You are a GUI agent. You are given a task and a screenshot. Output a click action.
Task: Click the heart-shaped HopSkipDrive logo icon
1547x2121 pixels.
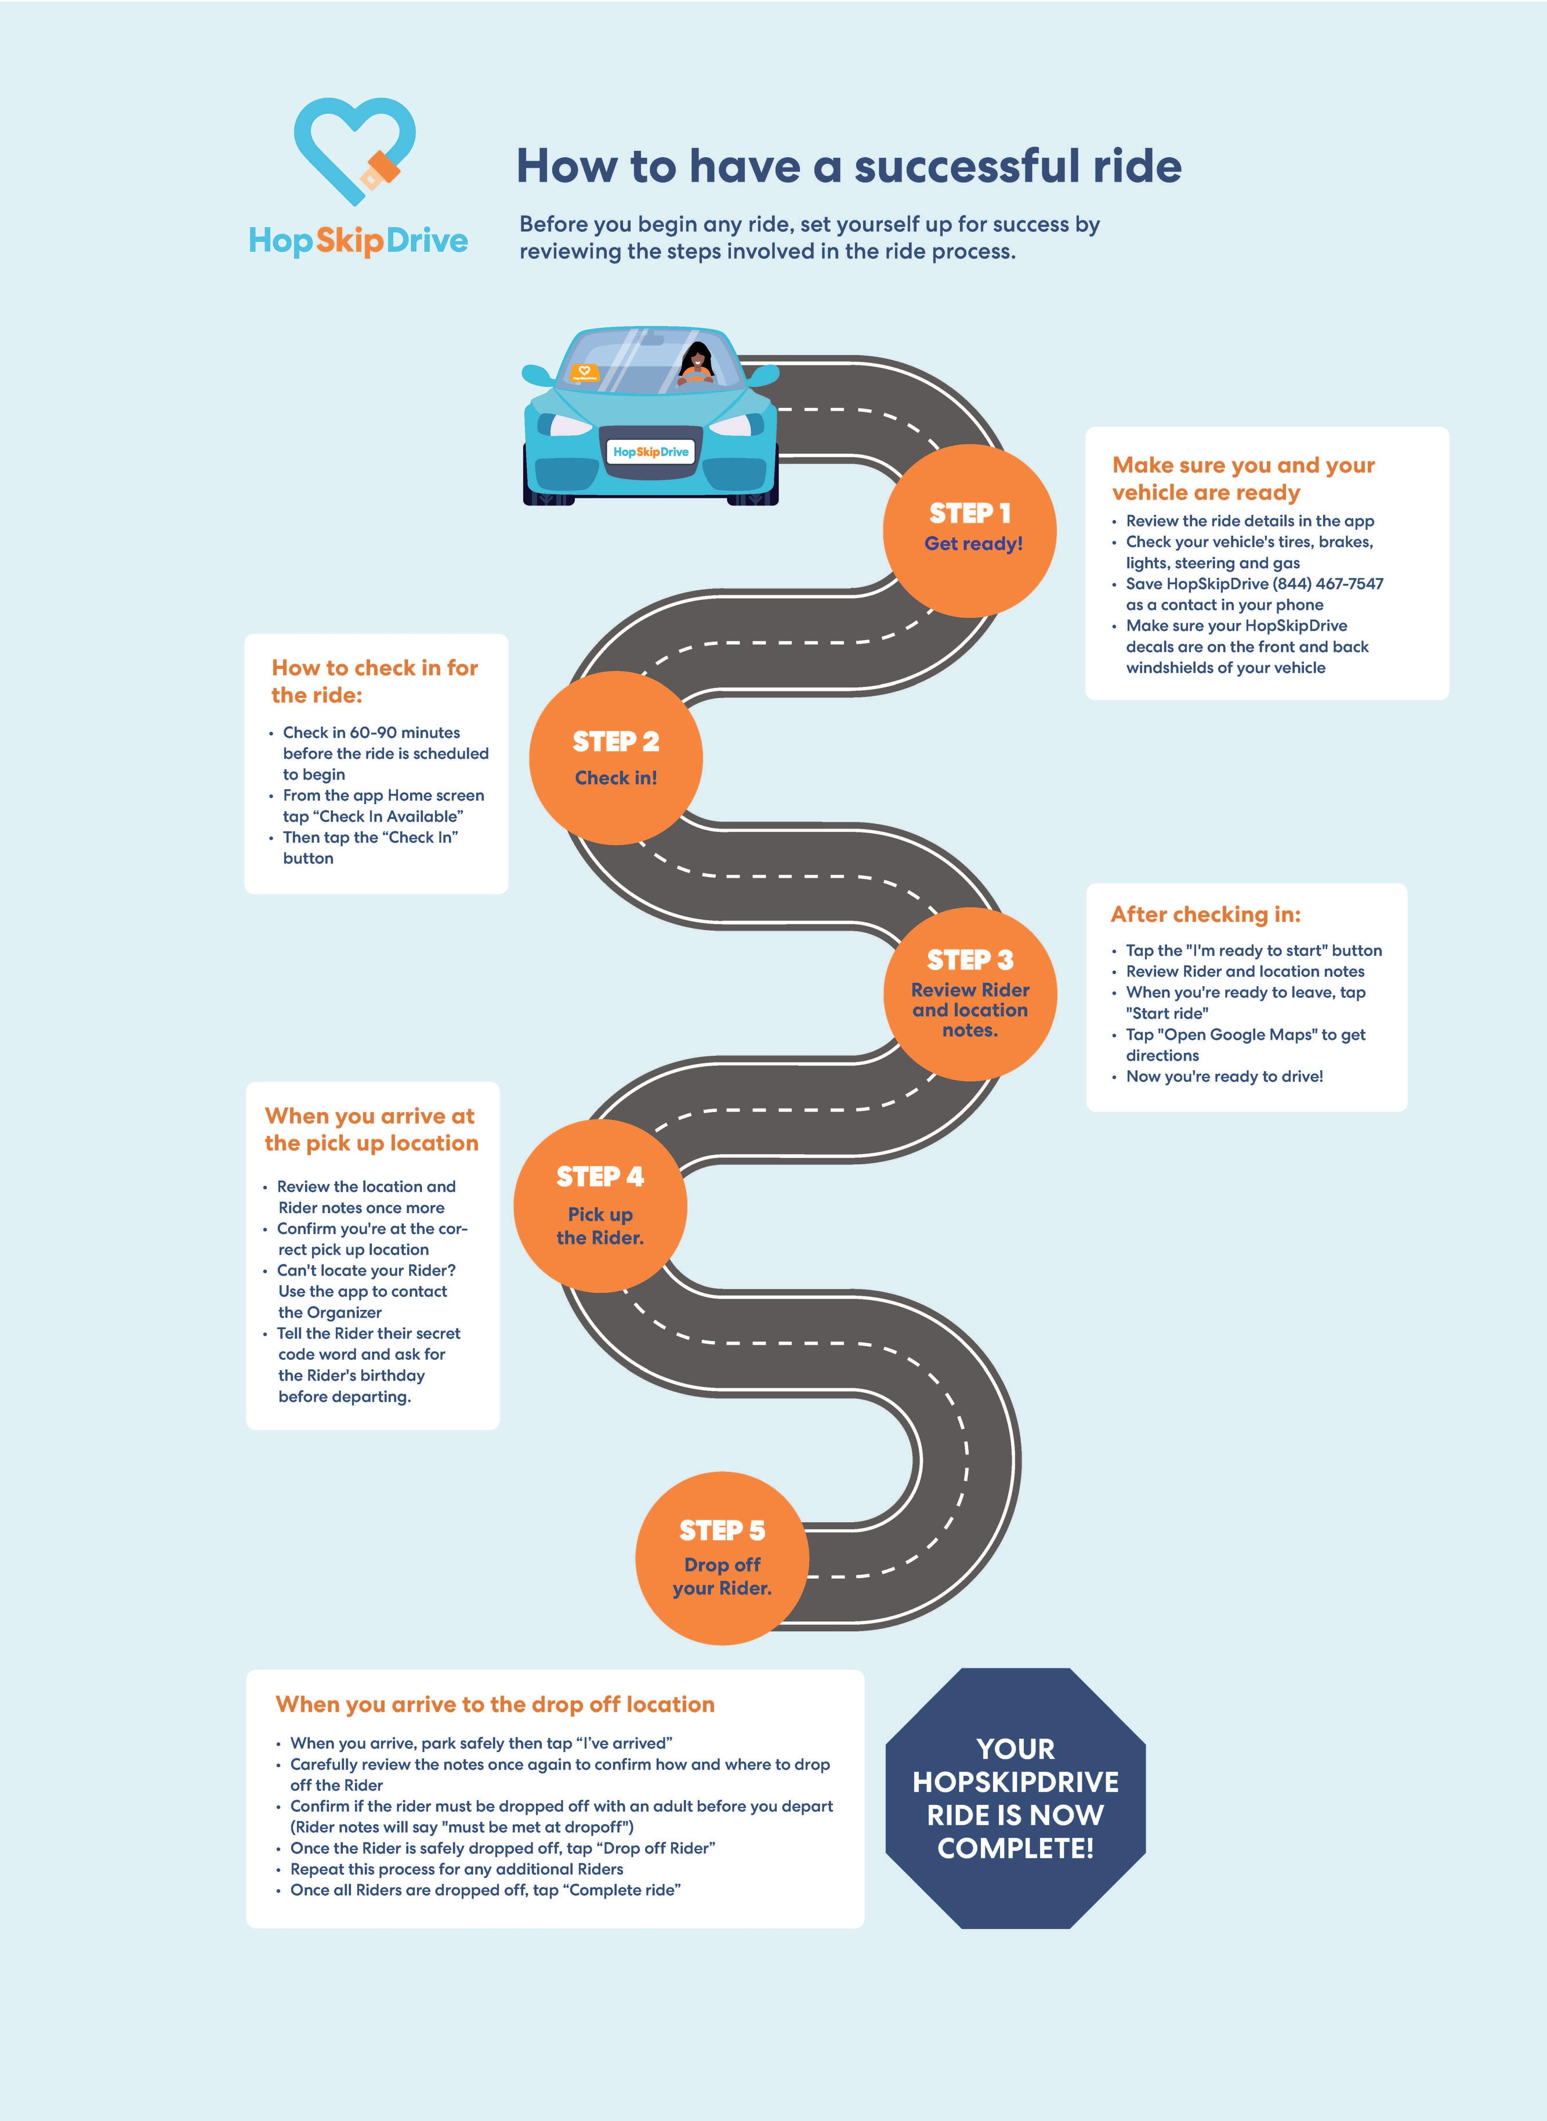click(x=354, y=150)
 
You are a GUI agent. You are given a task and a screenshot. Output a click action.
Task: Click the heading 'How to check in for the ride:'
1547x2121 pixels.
click(x=375, y=681)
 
